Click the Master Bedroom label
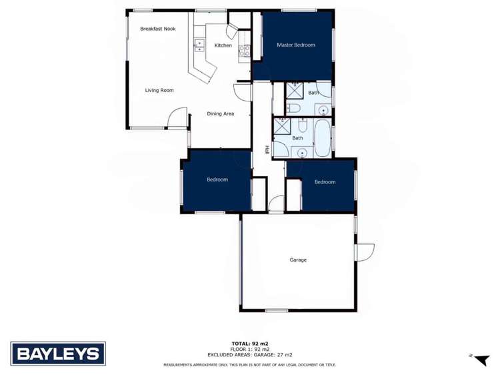pos(295,45)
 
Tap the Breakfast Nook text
pos(157,29)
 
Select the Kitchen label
pos(223,45)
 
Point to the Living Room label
pos(159,90)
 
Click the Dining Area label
pos(220,113)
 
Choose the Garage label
pos(298,260)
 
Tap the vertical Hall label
pos(267,151)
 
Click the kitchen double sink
pos(199,45)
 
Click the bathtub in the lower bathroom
pos(322,137)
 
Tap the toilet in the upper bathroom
pos(294,108)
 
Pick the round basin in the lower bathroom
pos(303,153)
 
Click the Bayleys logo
pos(58,353)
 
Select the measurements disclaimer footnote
pos(250,365)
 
